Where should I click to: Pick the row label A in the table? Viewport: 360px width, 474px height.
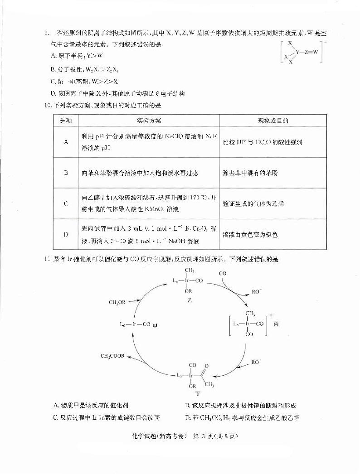point(66,142)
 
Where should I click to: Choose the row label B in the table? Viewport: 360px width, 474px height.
point(66,173)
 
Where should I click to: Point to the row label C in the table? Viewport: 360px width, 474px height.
point(66,203)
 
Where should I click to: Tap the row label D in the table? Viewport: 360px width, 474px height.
point(66,234)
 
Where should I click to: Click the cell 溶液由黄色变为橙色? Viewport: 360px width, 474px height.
point(250,235)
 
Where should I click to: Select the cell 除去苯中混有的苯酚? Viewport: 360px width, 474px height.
point(249,173)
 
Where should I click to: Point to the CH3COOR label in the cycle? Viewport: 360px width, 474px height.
point(114,356)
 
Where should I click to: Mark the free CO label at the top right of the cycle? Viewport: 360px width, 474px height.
point(223,274)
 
